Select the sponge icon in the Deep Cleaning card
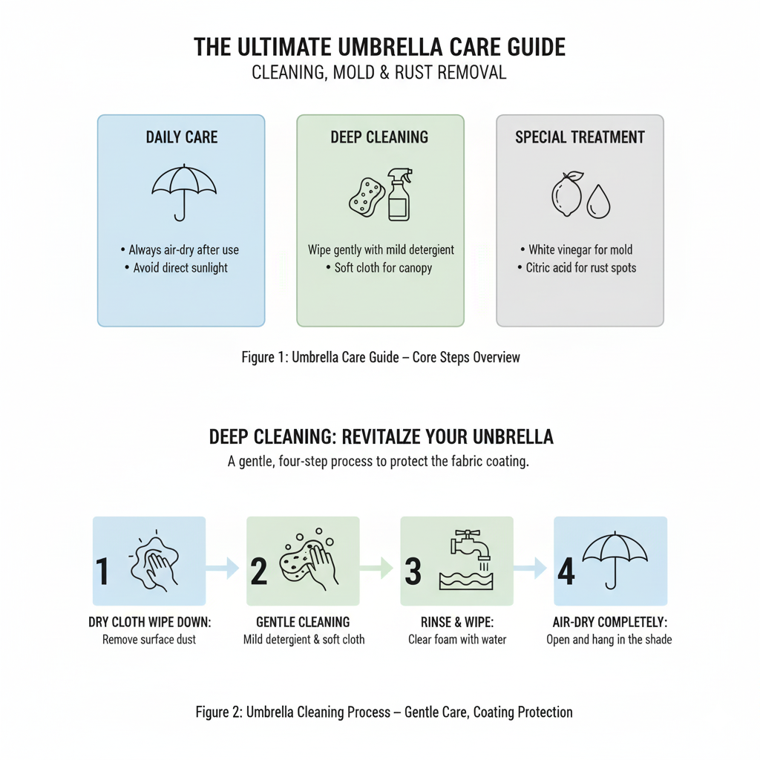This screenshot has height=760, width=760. pyautogui.click(x=367, y=196)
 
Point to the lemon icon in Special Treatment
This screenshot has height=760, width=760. pyautogui.click(x=567, y=194)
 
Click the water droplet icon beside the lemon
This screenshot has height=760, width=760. pyautogui.click(x=597, y=201)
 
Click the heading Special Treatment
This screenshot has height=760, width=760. pyautogui.click(x=580, y=137)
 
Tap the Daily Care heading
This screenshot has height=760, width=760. pyautogui.click(x=182, y=137)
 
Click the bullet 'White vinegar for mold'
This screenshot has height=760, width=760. pyautogui.click(x=580, y=250)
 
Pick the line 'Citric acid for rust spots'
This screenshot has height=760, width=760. pyautogui.click(x=580, y=268)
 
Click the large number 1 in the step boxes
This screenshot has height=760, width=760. pyautogui.click(x=102, y=571)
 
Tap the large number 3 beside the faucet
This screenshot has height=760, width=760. pyautogui.click(x=413, y=571)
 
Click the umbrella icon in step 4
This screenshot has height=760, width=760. pyautogui.click(x=615, y=559)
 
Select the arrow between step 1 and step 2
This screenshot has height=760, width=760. pyautogui.click(x=225, y=569)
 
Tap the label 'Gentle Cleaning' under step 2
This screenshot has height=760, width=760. pyautogui.click(x=303, y=622)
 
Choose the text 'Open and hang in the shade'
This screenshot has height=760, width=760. pyautogui.click(x=609, y=639)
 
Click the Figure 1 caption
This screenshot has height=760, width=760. pyautogui.click(x=381, y=357)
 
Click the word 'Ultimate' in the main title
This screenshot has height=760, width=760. pyautogui.click(x=288, y=47)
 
